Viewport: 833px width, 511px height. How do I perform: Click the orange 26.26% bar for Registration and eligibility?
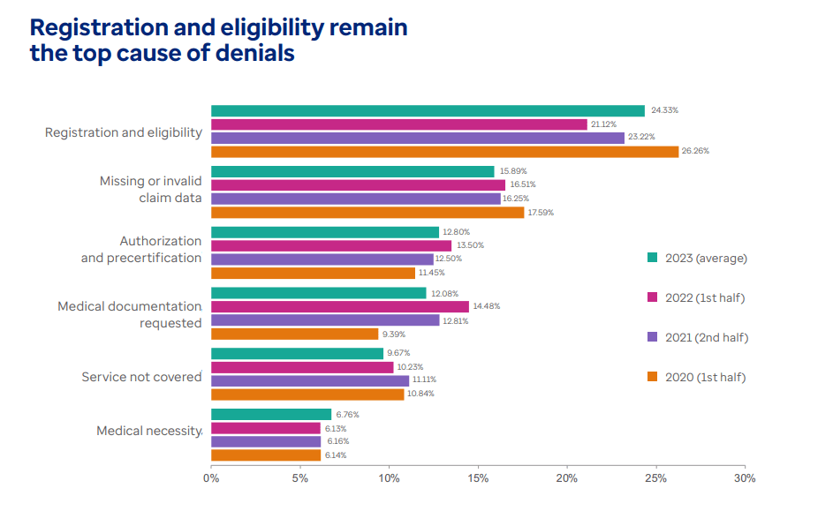click(444, 151)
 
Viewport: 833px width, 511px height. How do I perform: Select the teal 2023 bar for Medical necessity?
click(271, 415)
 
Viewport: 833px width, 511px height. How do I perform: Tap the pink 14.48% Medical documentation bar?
click(340, 307)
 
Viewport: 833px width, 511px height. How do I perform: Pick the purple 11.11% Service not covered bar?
click(310, 379)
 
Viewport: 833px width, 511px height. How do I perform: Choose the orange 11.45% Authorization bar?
click(313, 273)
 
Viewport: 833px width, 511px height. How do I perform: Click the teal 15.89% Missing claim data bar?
click(352, 171)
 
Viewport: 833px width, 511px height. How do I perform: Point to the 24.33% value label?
click(664, 110)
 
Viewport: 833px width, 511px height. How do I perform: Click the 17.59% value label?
click(541, 212)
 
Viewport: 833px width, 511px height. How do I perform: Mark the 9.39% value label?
click(394, 334)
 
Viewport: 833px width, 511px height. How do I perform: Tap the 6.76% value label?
click(347, 415)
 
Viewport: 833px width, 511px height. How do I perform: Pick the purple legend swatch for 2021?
click(653, 337)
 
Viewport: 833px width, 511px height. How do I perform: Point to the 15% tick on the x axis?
click(478, 478)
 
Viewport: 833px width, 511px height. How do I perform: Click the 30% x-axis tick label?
click(745, 478)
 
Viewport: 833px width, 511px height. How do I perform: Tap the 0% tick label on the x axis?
click(211, 478)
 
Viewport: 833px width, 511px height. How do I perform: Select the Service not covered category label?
click(141, 377)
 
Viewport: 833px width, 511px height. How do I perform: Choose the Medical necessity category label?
click(149, 431)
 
